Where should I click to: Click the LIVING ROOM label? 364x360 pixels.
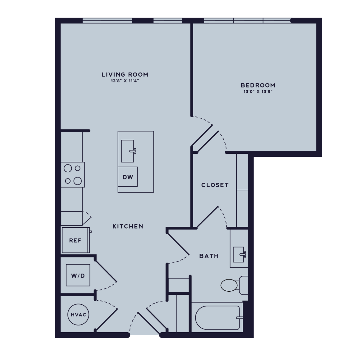[x=125, y=74]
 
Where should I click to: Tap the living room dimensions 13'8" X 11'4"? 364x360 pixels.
[x=125, y=81]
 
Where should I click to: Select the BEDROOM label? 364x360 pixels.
[x=258, y=85]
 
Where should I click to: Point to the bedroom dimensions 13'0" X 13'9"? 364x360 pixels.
[x=258, y=92]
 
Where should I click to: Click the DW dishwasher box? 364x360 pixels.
[x=128, y=177]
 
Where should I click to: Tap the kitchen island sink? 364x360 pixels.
[x=128, y=151]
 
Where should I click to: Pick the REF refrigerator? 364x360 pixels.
[x=75, y=240]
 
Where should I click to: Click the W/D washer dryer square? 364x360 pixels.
[x=78, y=275]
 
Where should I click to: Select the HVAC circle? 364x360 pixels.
[x=78, y=315]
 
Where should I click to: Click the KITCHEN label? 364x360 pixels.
[x=128, y=226]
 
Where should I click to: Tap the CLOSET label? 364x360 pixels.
[x=215, y=185]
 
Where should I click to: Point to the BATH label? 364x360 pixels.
[x=209, y=256]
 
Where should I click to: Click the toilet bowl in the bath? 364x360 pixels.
[x=229, y=285]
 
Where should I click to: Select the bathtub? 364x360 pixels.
[x=217, y=318]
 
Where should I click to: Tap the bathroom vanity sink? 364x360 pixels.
[x=239, y=254]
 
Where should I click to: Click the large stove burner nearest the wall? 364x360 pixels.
[x=68, y=168]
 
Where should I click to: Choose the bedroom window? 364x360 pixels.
[x=247, y=21]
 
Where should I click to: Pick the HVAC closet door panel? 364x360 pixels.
[x=106, y=319]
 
